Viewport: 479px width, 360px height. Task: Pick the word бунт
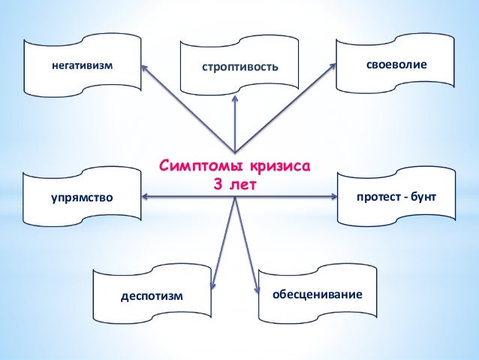(422, 196)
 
